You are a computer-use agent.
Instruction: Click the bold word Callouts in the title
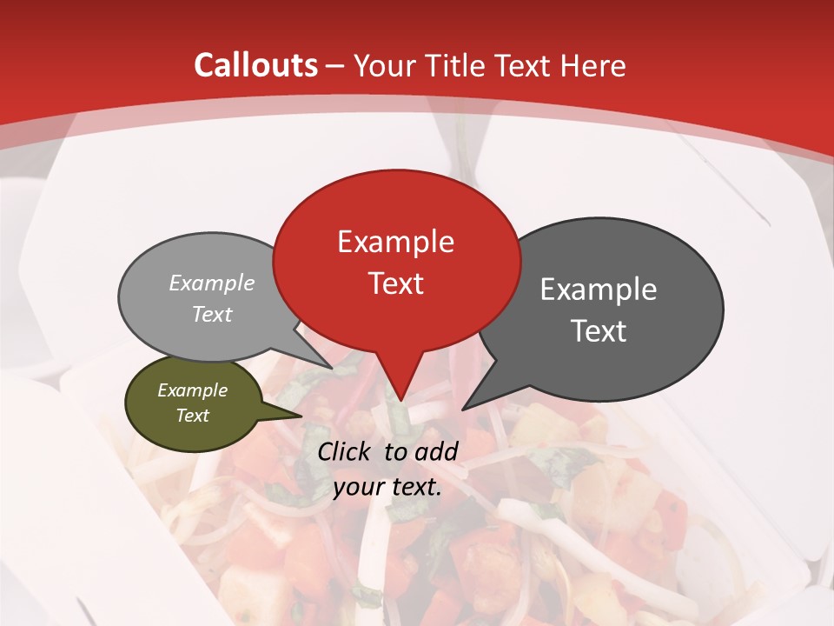[x=255, y=65]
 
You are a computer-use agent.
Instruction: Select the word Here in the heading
[x=594, y=66]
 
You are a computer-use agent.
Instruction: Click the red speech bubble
[x=396, y=209]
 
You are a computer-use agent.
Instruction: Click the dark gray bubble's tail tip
[x=463, y=409]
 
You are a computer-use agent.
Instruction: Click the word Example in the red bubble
[x=395, y=242]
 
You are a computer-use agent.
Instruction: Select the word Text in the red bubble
[x=395, y=283]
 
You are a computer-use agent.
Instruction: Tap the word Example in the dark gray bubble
[x=599, y=290]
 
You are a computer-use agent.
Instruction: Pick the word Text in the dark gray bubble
[x=599, y=331]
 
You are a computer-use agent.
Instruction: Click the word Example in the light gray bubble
[x=212, y=283]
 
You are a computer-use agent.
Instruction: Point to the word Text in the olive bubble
[x=192, y=416]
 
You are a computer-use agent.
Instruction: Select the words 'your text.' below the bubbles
[x=387, y=488]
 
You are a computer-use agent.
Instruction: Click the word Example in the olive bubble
[x=192, y=390]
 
